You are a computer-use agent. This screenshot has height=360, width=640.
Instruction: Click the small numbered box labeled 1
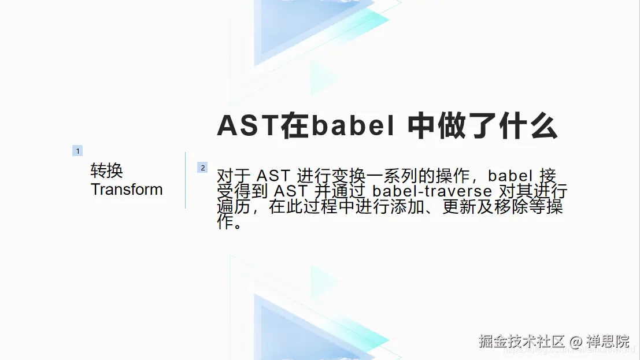pyautogui.click(x=77, y=151)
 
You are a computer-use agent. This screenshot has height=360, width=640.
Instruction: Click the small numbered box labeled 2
pyautogui.click(x=202, y=168)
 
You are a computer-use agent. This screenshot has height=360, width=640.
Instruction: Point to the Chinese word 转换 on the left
pyautogui.click(x=107, y=170)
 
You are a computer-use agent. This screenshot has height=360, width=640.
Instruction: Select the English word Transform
pyautogui.click(x=127, y=190)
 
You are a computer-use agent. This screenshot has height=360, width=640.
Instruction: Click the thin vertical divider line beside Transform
pyautogui.click(x=186, y=180)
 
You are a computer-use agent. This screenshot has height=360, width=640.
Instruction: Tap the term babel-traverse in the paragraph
pyautogui.click(x=432, y=191)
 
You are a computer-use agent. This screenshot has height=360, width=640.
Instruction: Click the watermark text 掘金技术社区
pyautogui.click(x=521, y=341)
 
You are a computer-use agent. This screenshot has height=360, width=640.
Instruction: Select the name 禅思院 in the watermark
pyautogui.click(x=608, y=341)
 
